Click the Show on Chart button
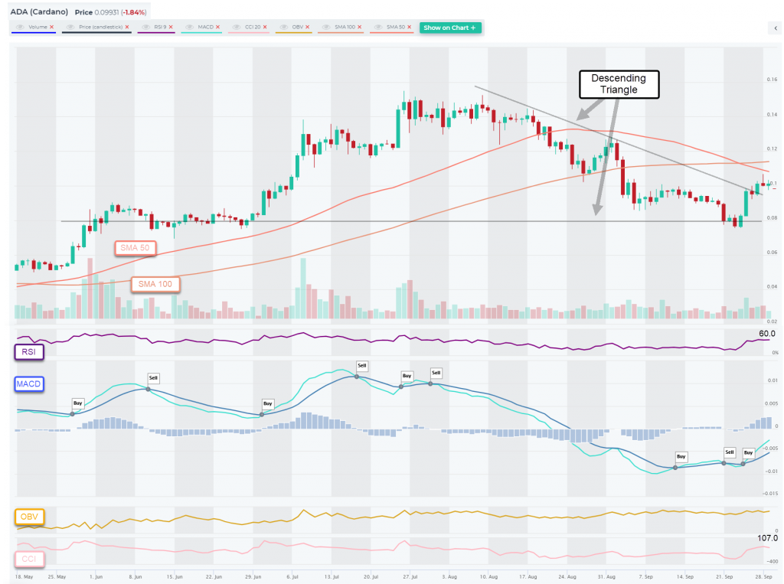coord(451,28)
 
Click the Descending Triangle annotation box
coord(619,84)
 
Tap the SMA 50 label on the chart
coord(135,247)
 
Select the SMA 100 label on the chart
coord(156,284)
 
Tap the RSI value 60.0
coord(767,334)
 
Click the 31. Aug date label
coord(607,575)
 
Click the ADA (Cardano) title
coord(39,13)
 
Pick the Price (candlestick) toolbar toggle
coord(100,28)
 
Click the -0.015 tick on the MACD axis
coord(772,494)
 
